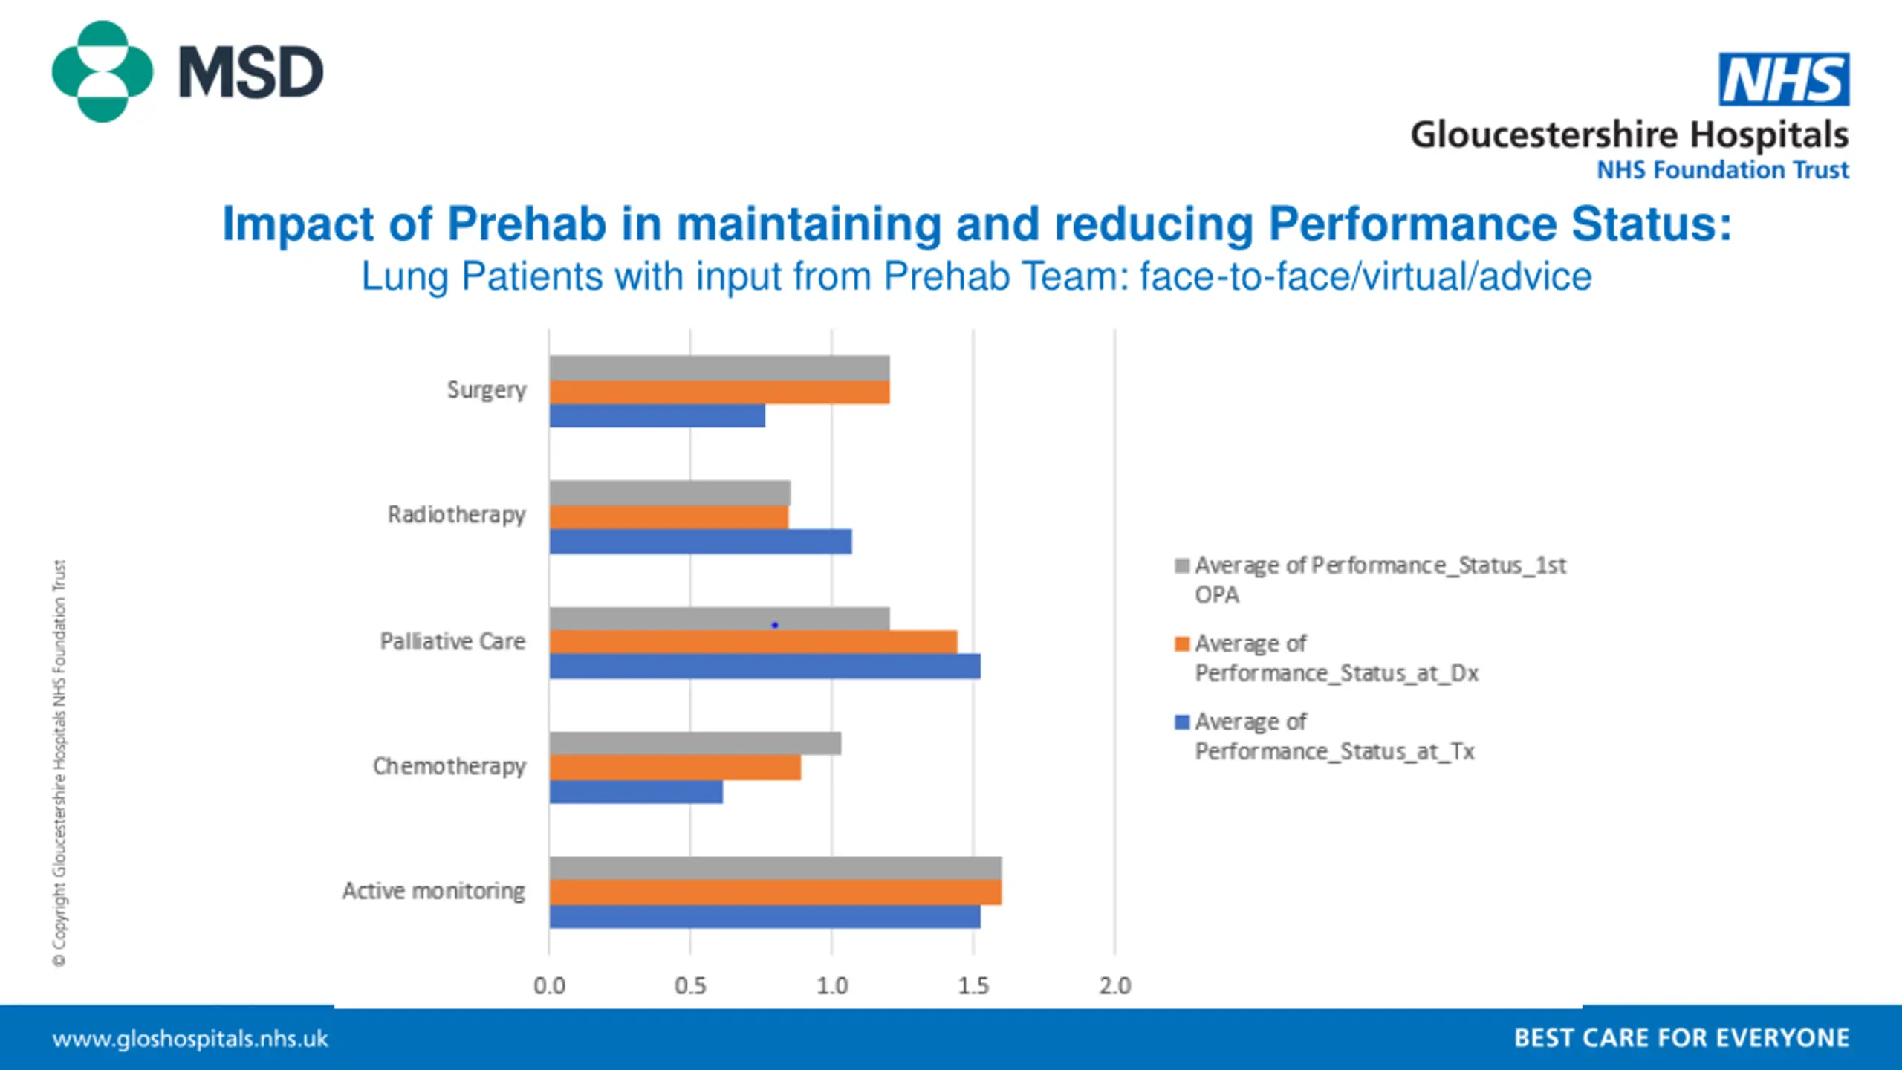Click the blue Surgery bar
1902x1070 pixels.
click(x=657, y=416)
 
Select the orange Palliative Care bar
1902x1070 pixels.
click(x=753, y=642)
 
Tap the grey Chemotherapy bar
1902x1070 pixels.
click(x=695, y=743)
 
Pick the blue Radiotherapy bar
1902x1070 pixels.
click(x=700, y=542)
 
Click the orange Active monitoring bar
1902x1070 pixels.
click(x=775, y=892)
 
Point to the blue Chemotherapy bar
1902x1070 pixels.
click(x=636, y=792)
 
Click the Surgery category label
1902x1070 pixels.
click(x=487, y=390)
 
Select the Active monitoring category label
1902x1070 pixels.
click(x=434, y=891)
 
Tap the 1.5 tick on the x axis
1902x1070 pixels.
click(x=973, y=986)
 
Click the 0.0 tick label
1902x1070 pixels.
click(x=549, y=986)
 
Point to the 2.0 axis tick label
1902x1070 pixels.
click(x=1114, y=986)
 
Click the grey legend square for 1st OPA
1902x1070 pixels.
click(x=1182, y=566)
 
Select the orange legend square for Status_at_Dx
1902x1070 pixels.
click(x=1182, y=643)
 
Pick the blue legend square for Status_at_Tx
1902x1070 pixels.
click(x=1182, y=722)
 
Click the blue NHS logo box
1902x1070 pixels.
click(x=1783, y=80)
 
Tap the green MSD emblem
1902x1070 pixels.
click(x=102, y=71)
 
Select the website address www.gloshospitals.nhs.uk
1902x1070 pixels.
click(x=190, y=1039)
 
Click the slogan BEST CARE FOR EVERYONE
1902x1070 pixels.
click(x=1681, y=1038)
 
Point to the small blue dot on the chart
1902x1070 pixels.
click(x=775, y=625)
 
